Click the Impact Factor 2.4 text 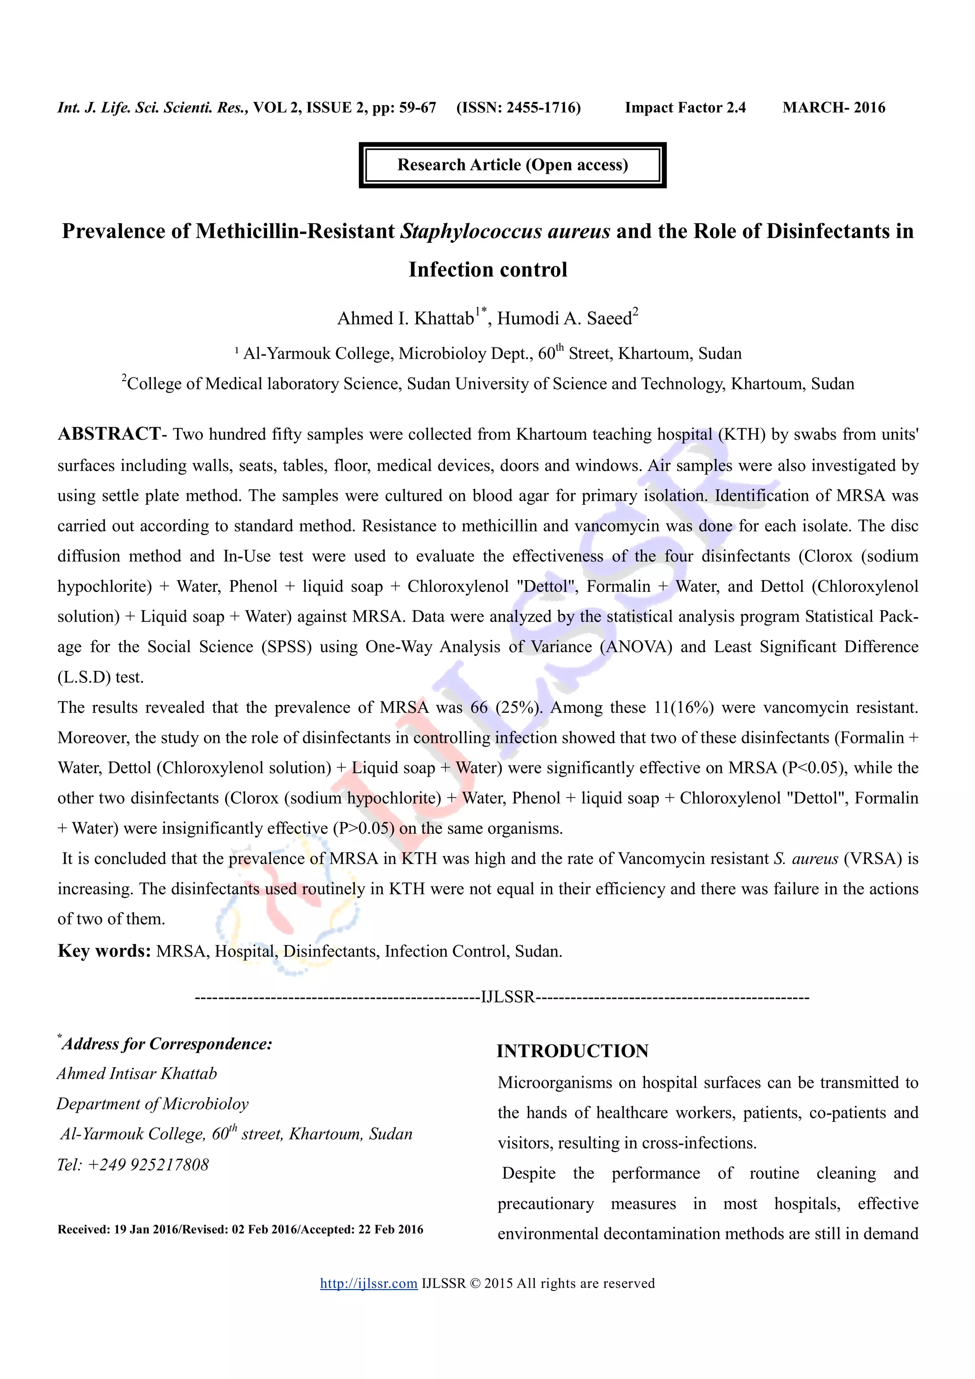(x=685, y=108)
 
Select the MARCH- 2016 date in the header (x=833, y=108)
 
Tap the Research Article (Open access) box (x=512, y=165)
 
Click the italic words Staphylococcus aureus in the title (x=505, y=231)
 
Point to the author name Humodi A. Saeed (x=565, y=318)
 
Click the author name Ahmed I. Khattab (x=406, y=318)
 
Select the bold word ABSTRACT (x=109, y=433)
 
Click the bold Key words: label (x=104, y=951)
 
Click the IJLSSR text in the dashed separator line (x=507, y=998)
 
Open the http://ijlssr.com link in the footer (x=368, y=1283)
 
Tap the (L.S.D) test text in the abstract (x=100, y=678)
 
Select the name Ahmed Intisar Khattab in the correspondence (x=137, y=1074)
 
